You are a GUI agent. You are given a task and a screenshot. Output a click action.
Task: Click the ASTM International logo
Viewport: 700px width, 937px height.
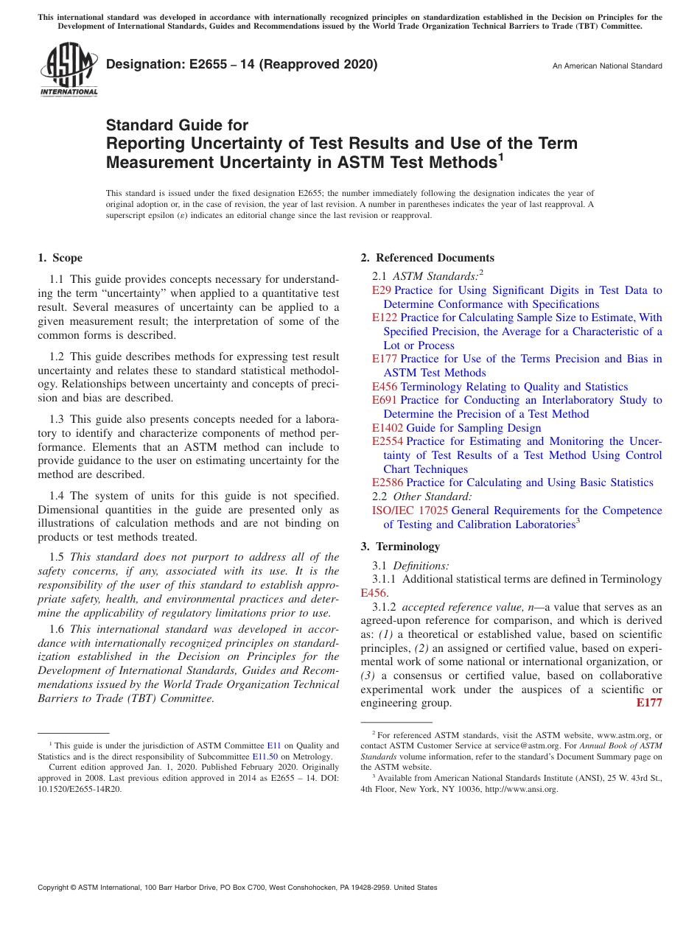coord(69,70)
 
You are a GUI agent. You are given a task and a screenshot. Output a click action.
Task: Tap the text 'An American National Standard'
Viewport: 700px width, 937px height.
coord(606,66)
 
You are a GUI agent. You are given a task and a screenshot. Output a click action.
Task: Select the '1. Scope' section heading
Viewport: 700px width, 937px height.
coord(60,258)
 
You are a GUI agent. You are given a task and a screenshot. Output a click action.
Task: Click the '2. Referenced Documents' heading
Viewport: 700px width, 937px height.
coord(427,258)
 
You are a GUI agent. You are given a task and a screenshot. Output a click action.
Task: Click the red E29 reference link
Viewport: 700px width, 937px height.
coord(381,290)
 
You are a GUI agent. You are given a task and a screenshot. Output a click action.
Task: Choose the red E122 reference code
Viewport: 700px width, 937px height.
coord(384,317)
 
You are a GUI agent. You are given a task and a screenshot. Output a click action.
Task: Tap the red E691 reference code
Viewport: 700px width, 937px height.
coord(384,400)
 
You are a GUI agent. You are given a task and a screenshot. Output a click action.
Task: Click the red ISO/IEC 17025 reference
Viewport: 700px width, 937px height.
coord(410,510)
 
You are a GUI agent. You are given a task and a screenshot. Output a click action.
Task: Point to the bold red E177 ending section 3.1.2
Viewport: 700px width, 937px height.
coord(648,703)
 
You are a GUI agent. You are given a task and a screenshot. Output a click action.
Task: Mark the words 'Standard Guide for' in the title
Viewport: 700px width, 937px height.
coord(177,125)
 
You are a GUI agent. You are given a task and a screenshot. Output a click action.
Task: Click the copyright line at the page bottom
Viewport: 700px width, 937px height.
coord(237,888)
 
